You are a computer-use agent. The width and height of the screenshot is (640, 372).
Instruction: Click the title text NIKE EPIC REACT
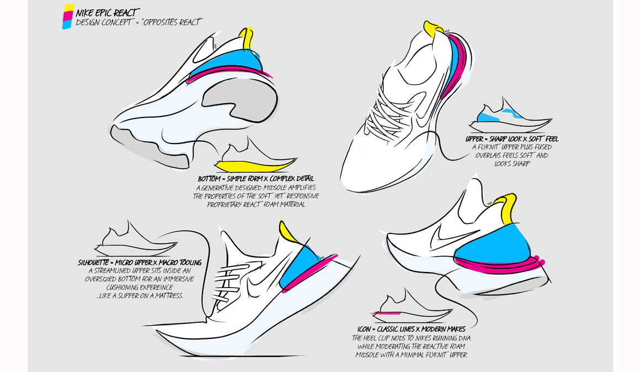tap(108, 13)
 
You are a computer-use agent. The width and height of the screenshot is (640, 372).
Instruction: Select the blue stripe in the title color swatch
tap(67, 24)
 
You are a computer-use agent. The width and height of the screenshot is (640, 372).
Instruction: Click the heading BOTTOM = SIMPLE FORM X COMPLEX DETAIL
tap(256, 179)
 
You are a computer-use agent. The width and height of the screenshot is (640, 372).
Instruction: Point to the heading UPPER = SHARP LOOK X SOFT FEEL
tap(512, 139)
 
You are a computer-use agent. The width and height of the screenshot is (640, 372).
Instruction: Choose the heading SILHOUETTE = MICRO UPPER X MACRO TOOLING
tap(140, 263)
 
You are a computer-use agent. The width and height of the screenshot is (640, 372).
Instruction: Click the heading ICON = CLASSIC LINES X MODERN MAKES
tap(412, 329)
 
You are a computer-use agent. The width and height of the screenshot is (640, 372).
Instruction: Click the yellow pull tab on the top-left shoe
tap(247, 38)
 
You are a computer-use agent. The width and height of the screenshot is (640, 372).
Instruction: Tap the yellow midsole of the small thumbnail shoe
tap(255, 166)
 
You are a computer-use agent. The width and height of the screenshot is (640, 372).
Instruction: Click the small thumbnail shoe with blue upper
tap(510, 116)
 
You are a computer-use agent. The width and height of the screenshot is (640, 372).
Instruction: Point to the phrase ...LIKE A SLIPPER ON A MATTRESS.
tap(140, 296)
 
